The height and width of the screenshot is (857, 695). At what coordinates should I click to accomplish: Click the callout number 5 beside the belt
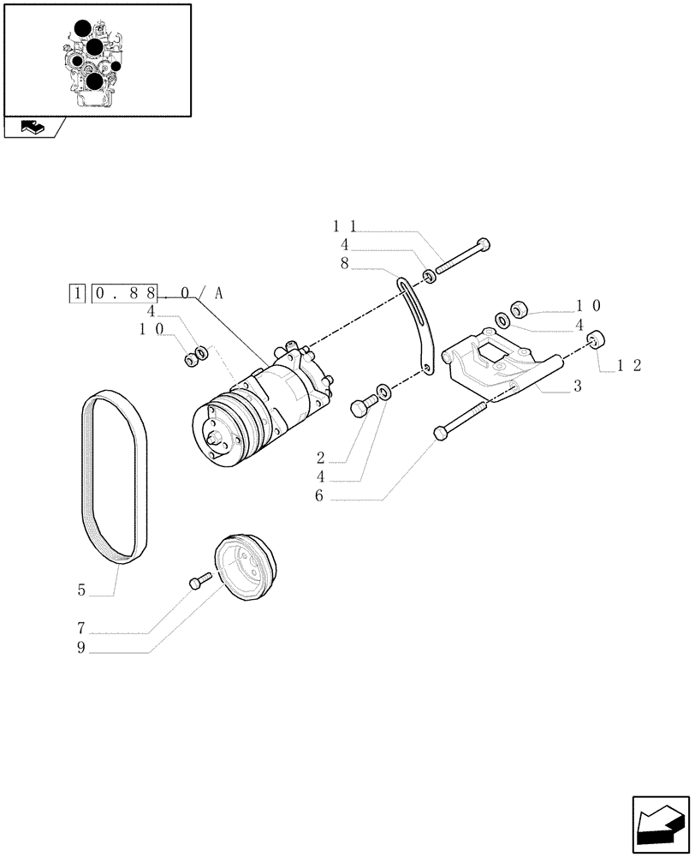tap(81, 590)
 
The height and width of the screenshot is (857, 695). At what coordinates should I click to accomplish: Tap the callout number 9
tap(81, 647)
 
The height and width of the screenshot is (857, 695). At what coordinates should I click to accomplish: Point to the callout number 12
tap(629, 365)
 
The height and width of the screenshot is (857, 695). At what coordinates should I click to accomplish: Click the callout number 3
tap(578, 387)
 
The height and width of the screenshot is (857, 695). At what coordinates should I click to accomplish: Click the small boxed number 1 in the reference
tap(78, 294)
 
